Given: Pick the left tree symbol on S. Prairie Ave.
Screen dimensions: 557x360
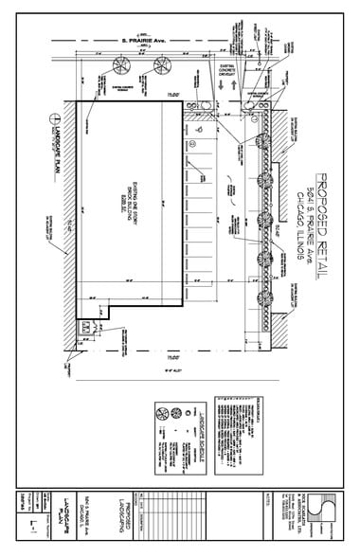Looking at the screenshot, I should tap(120, 65).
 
